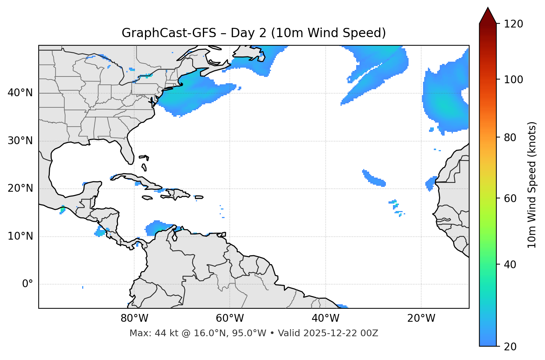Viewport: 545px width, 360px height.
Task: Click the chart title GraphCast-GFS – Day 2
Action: [254, 33]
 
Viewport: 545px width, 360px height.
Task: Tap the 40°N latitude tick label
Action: [20, 93]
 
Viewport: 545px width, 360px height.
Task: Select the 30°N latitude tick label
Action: [20, 141]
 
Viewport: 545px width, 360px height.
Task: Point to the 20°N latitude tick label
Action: [20, 188]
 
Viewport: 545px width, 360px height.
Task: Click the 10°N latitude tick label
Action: [20, 236]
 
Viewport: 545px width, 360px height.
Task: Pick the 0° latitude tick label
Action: [27, 284]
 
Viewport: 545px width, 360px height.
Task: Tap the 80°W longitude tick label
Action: [134, 318]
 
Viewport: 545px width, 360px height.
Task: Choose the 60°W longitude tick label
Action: [230, 318]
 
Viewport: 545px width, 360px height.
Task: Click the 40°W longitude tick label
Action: [325, 318]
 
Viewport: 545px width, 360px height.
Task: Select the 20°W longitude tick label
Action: [421, 318]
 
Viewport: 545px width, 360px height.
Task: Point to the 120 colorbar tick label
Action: [513, 24]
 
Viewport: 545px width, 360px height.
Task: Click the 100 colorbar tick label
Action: [513, 80]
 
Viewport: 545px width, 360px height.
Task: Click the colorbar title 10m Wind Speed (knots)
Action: [532, 185]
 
